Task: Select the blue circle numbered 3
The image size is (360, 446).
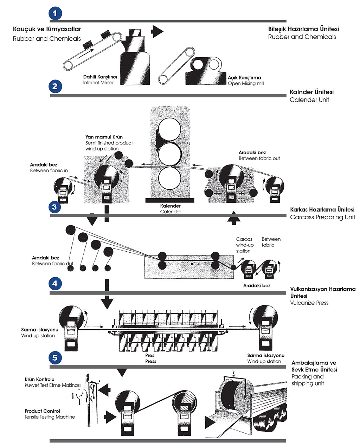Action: (54, 207)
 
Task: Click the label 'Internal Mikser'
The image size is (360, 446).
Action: (98, 83)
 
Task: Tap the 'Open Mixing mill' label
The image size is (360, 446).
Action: (246, 83)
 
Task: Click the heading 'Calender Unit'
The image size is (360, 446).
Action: (309, 100)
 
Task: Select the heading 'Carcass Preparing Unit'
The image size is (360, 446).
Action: (322, 217)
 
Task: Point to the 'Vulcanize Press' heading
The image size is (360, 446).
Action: (309, 303)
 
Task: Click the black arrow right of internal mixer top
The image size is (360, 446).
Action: (157, 31)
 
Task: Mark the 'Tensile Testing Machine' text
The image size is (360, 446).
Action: (50, 417)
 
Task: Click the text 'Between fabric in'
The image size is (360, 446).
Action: (49, 170)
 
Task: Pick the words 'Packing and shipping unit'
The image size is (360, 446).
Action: (307, 380)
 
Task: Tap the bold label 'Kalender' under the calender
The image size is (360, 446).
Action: (170, 206)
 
